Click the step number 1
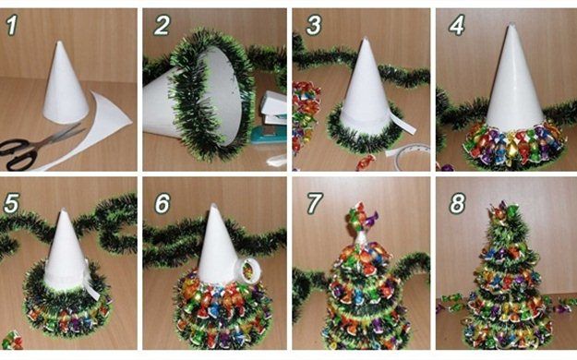(x=12, y=26)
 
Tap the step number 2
(x=162, y=25)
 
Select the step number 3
(x=314, y=25)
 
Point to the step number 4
(x=457, y=25)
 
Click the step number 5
(x=11, y=204)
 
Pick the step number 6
(x=162, y=204)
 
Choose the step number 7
(x=315, y=204)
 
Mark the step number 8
(x=457, y=204)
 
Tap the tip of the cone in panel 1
(x=59, y=42)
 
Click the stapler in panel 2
(x=271, y=118)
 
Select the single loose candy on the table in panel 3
(x=366, y=162)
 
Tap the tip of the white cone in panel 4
(x=511, y=26)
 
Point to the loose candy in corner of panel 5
(x=12, y=340)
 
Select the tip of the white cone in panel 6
(x=213, y=205)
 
